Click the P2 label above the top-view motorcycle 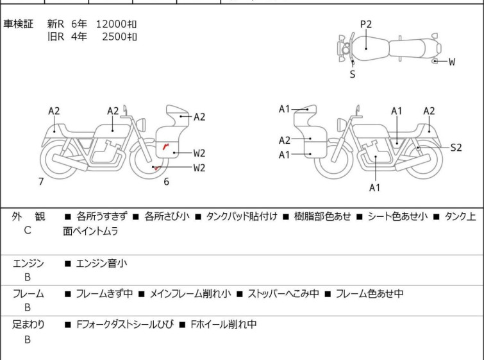(365, 24)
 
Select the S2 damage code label (456, 148)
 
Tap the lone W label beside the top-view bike (452, 62)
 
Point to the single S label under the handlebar (352, 74)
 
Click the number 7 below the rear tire (41, 182)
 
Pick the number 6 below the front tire (166, 182)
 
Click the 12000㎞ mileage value (116, 24)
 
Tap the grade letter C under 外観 (28, 230)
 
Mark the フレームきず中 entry (104, 294)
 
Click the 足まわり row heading (28, 325)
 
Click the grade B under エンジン (28, 277)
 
